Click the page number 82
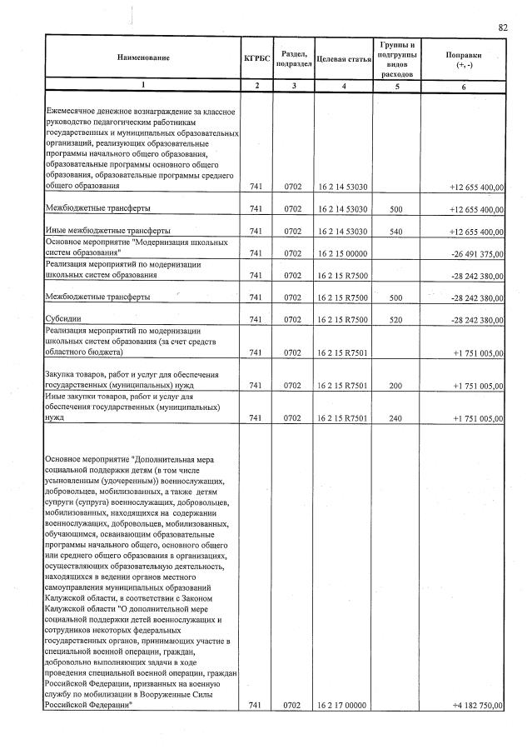point(503,27)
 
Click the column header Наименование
point(142,57)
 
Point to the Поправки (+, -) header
point(463,57)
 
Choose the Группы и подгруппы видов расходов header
point(397,57)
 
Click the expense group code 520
point(397,320)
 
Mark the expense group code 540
point(397,231)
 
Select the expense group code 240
point(397,419)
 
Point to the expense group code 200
point(397,387)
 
